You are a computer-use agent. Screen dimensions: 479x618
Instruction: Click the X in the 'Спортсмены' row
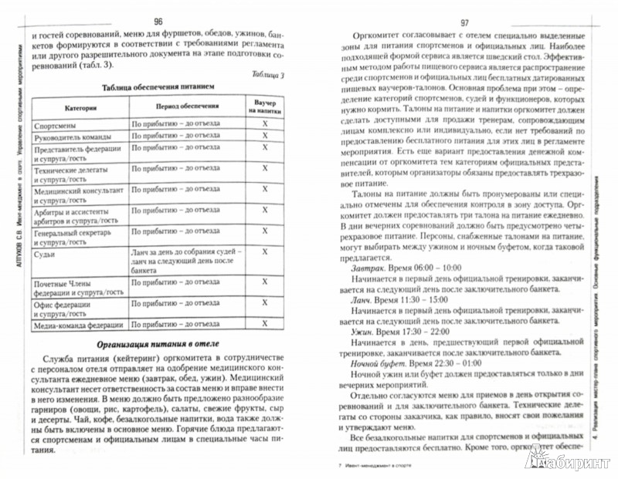pos(263,124)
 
